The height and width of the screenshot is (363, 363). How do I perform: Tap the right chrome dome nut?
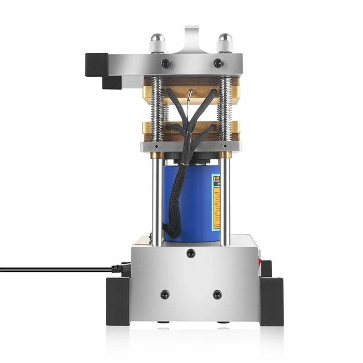pos(225,43)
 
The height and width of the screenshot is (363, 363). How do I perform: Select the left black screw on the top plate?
pos(166,63)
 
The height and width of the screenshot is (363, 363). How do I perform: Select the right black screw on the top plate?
pos(218,63)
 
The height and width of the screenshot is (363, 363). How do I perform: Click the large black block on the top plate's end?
pos(96,64)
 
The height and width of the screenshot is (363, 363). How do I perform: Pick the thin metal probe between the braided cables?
pos(191,96)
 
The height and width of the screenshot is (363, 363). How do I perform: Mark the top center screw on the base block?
pos(191,254)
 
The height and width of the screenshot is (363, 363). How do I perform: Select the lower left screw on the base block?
pos(165,294)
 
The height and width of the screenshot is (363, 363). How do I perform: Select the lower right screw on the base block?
pos(217,294)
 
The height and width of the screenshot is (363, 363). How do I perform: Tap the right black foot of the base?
pos(272,301)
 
